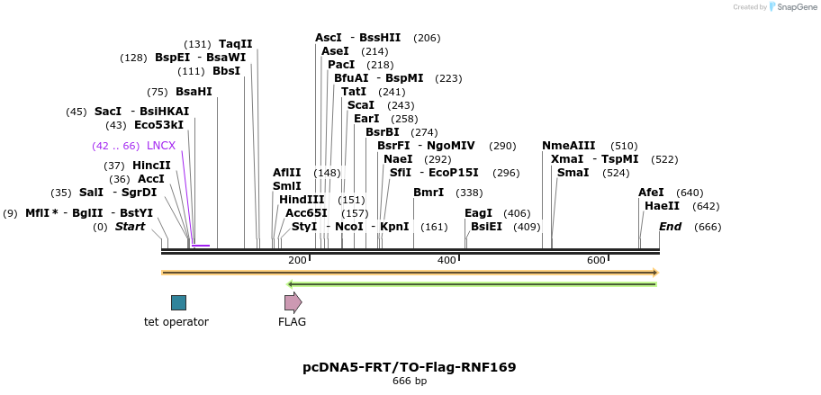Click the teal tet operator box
(x=178, y=302)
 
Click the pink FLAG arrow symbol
(x=293, y=302)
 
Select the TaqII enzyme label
(x=235, y=44)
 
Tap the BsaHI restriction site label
(x=194, y=92)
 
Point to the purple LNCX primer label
(x=161, y=146)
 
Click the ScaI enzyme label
(x=361, y=105)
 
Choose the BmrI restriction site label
(x=429, y=193)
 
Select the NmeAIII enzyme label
(x=568, y=146)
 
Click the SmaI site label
(x=573, y=173)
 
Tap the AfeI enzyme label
(x=651, y=193)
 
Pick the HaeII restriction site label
(x=662, y=206)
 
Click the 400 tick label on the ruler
(x=447, y=260)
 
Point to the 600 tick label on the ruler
(x=596, y=260)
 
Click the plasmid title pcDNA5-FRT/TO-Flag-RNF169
(x=410, y=367)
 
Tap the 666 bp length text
(x=410, y=382)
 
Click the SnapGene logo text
(x=796, y=7)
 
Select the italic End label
(x=671, y=227)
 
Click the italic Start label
(x=130, y=227)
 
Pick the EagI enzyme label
(x=478, y=213)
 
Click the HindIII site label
(x=302, y=200)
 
